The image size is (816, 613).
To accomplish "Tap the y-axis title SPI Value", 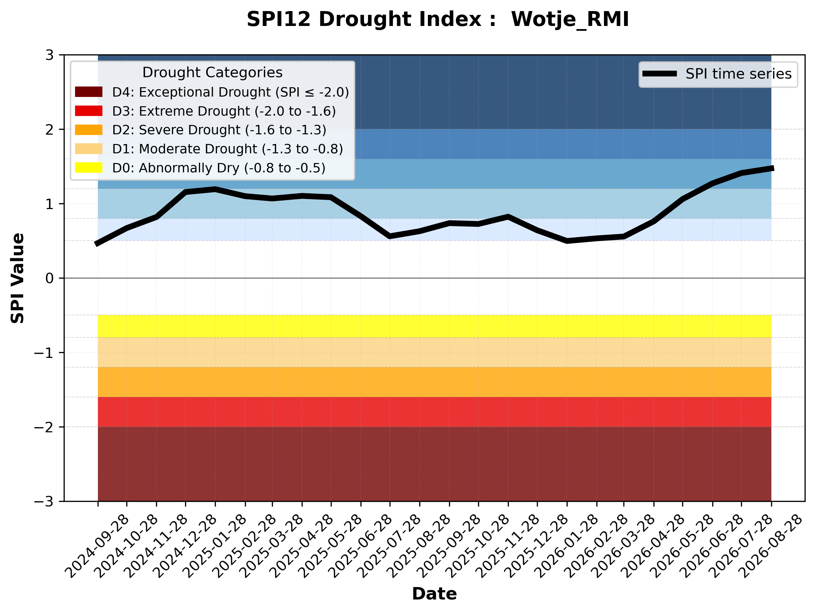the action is [17, 278].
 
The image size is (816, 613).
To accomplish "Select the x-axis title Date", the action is [434, 594].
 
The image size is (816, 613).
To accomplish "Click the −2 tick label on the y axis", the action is [44, 427].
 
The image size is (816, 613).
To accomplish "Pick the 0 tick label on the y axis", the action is [49, 278].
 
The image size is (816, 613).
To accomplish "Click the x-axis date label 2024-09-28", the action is [97, 546].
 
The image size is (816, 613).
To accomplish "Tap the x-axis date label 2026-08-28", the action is [771, 546].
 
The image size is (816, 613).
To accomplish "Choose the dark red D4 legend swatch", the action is [89, 92].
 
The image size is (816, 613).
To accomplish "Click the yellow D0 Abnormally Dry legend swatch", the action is [89, 168].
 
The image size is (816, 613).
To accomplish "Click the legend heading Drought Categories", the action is [212, 72].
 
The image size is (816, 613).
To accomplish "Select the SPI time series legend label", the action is [739, 74].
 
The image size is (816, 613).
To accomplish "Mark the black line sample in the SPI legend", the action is [660, 74].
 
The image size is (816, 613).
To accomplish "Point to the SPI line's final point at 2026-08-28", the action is [772, 168].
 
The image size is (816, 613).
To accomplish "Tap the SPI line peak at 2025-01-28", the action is [215, 189].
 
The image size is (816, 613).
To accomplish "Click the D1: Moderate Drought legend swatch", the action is [89, 149].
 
